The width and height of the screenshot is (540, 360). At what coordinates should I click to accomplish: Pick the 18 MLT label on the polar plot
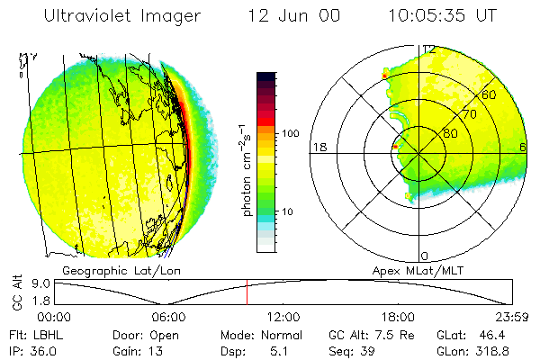tap(318, 147)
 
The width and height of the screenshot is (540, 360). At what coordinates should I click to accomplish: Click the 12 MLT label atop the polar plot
tap(429, 49)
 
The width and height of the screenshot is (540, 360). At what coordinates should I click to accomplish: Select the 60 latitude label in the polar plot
tap(490, 94)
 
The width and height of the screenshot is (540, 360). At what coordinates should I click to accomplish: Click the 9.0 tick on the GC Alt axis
tap(36, 283)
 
